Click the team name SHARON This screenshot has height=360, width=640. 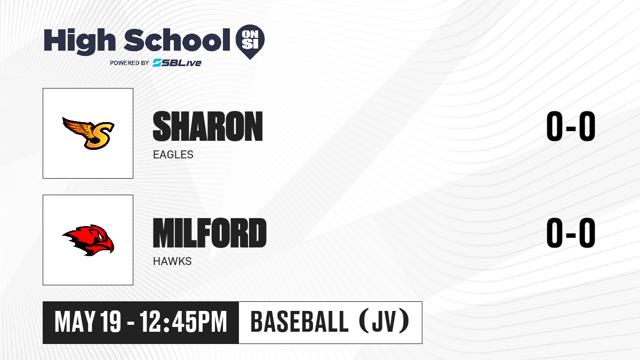click(207, 126)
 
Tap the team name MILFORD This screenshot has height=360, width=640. click(210, 233)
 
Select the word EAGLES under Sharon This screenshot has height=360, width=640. click(173, 155)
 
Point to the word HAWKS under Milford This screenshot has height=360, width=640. click(172, 261)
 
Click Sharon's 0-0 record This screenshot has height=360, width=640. click(571, 126)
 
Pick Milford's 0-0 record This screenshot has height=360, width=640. click(571, 233)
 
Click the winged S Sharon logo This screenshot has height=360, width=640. click(89, 133)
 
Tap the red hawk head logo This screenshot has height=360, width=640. click(88, 240)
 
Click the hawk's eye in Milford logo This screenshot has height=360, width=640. click(101, 236)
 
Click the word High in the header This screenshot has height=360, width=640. click(79, 42)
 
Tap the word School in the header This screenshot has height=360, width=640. click(177, 40)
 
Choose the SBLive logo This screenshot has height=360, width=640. click(177, 63)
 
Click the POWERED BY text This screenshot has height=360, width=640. click(130, 63)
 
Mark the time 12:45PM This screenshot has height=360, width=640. click(183, 322)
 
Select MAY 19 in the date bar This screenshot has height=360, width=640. click(87, 322)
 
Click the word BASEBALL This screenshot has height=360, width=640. click(299, 322)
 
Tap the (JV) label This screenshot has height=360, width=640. click(385, 322)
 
